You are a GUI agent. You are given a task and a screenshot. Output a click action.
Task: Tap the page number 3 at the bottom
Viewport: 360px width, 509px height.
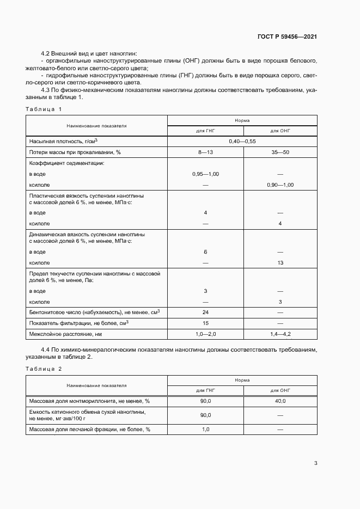315,463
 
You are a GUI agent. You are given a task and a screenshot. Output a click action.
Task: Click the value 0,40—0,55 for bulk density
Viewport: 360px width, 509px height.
242,141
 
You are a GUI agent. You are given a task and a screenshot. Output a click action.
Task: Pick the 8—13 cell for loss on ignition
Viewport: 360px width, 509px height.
205,152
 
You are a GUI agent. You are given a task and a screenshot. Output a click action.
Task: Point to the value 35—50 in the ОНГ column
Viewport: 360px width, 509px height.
280,152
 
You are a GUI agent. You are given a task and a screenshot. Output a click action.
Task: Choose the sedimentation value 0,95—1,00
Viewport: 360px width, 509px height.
205,174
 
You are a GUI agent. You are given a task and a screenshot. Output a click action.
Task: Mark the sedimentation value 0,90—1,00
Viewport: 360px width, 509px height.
280,185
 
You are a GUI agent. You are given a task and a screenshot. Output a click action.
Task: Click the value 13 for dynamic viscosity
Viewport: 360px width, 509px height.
280,263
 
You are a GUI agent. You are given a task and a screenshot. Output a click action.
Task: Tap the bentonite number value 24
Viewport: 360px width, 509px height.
205,312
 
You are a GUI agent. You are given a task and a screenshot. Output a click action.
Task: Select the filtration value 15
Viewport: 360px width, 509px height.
205,323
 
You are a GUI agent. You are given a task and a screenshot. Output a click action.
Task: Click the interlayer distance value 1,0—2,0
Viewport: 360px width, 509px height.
205,333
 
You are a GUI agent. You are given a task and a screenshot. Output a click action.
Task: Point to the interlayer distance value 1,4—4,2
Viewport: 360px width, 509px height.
280,333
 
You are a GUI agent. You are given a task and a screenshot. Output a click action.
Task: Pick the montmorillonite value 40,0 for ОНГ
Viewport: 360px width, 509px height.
280,401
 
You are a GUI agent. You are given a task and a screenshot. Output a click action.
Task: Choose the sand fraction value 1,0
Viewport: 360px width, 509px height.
205,430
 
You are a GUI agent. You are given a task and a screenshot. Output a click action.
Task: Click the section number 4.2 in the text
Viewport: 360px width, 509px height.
46,53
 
